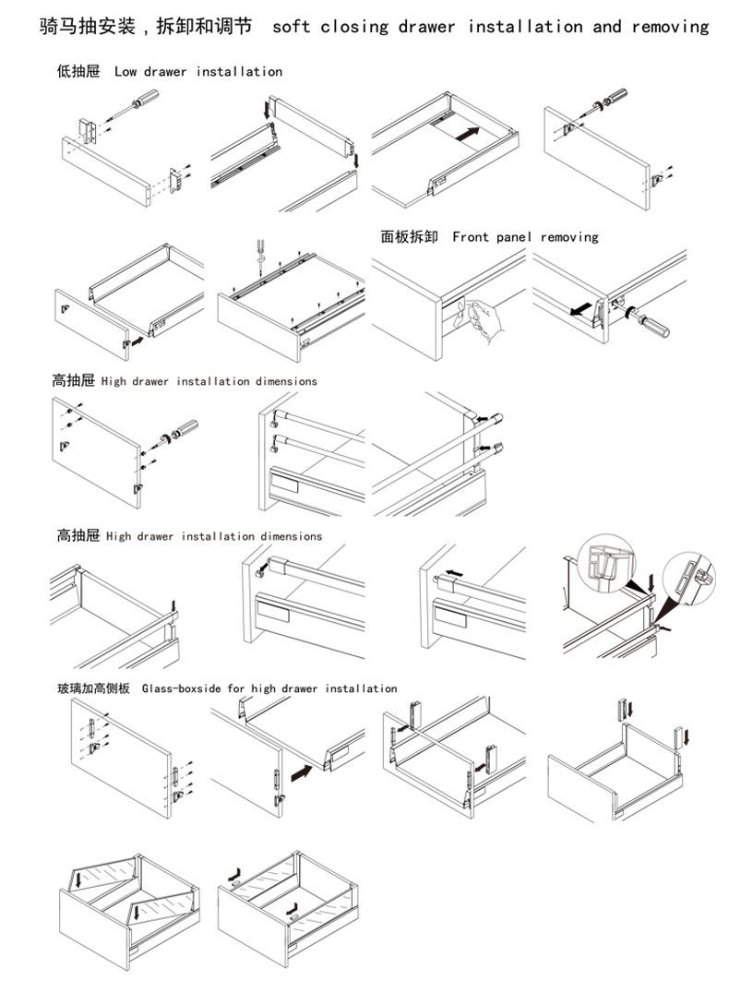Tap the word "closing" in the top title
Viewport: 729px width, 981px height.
tap(355, 27)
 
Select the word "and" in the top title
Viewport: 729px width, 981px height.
tap(607, 27)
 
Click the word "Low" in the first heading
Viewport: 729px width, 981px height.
tap(125, 71)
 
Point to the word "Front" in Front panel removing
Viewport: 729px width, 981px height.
tap(471, 237)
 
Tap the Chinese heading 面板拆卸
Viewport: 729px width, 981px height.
tap(410, 237)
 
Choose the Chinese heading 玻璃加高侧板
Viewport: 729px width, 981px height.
tap(93, 688)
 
